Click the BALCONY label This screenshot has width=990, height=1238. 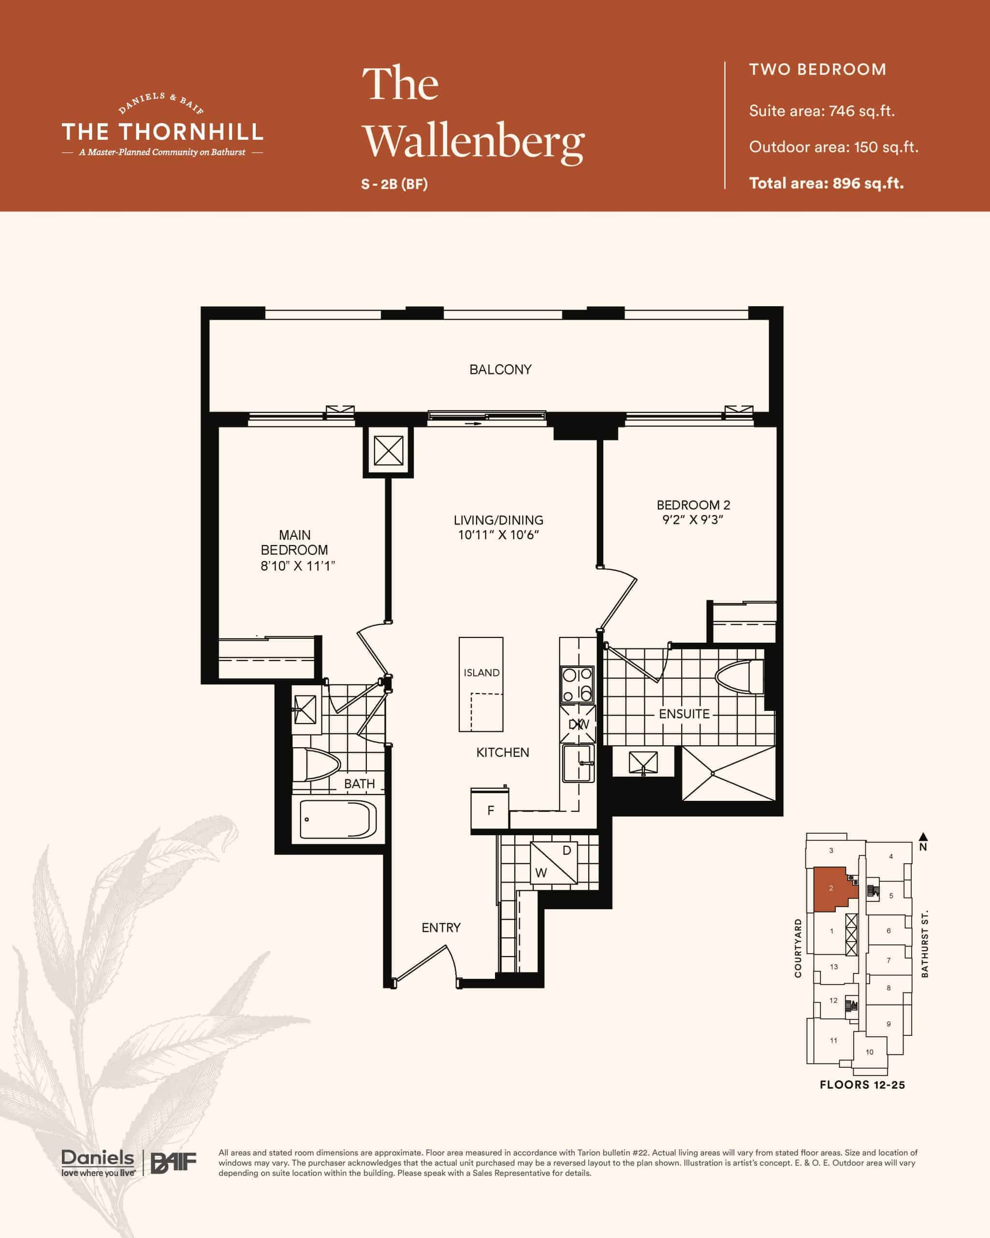(x=500, y=369)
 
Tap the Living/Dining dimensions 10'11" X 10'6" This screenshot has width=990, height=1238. (x=498, y=535)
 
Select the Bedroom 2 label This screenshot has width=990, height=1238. (x=693, y=505)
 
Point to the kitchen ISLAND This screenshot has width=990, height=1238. (x=481, y=684)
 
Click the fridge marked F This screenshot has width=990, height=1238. (x=490, y=810)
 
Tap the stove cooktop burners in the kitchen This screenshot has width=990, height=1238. (x=577, y=684)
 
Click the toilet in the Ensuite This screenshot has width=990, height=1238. (x=740, y=677)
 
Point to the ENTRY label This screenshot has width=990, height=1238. (x=441, y=928)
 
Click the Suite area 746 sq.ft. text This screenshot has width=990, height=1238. (x=822, y=111)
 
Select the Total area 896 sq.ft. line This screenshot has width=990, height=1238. (x=827, y=183)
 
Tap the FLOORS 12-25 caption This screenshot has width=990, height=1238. (x=862, y=1084)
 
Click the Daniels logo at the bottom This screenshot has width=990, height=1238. (x=98, y=1163)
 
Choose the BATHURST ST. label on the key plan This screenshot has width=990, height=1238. (x=924, y=943)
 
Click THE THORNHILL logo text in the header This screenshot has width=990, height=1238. (x=162, y=132)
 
